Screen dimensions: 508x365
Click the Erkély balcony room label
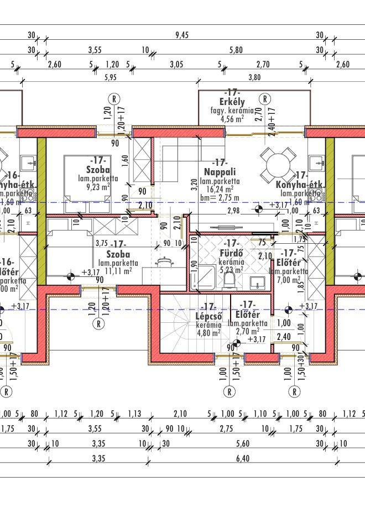pos(232,102)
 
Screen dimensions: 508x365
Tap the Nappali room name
pos(220,172)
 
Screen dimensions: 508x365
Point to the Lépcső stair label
pos(208,317)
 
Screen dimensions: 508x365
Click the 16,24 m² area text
pos(220,188)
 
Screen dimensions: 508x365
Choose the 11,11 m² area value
pos(115,271)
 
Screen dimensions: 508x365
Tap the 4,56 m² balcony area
pos(232,118)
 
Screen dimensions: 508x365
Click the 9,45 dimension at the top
pos(182,35)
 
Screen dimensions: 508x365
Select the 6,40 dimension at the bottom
pos(242,458)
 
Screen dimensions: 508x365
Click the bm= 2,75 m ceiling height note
pos(220,197)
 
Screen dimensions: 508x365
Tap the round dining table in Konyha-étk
pos(278,164)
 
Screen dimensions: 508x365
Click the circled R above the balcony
pos(265,99)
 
